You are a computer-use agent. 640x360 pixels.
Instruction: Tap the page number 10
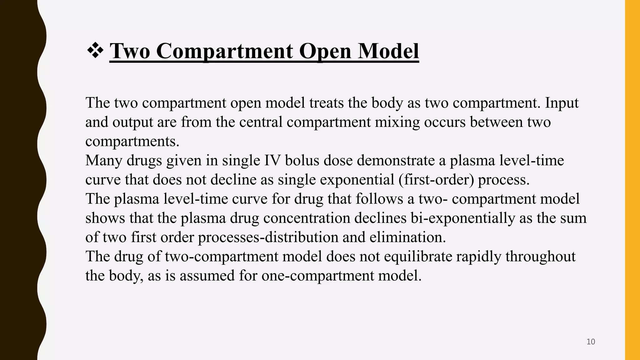click(591, 342)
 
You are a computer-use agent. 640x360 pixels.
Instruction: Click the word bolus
click(302, 160)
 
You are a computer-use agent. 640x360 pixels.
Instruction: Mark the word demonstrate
click(396, 160)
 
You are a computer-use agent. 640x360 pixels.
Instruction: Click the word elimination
click(407, 237)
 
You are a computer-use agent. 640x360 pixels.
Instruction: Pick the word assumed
click(207, 276)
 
